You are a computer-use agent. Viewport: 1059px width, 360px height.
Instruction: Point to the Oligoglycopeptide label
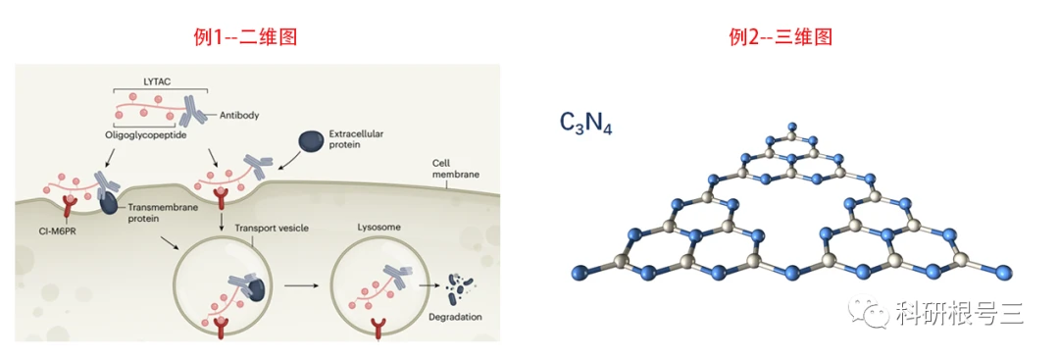click(145, 135)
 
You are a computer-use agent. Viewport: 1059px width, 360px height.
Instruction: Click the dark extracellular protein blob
click(311, 140)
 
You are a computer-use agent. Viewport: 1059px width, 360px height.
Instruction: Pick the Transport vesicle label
click(272, 228)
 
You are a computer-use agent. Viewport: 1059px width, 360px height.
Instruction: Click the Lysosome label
click(375, 228)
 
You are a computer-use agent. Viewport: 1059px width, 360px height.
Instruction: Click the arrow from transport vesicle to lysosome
click(302, 286)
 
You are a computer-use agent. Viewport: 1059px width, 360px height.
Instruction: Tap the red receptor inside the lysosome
click(377, 328)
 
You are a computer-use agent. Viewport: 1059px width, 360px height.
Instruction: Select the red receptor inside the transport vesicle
click(220, 328)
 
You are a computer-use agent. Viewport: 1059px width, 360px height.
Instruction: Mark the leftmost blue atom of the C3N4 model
click(580, 272)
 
